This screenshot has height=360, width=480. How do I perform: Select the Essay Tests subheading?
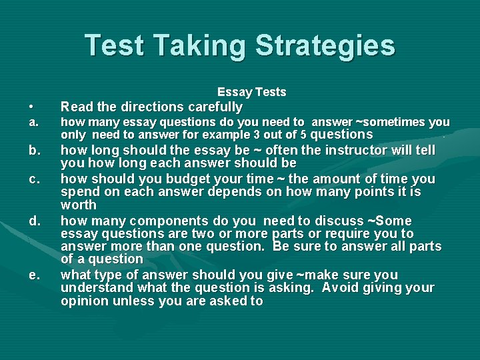252,92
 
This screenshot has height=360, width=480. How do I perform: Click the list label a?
33,123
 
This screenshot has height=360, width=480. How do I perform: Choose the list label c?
33,179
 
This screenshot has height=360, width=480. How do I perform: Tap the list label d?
33,220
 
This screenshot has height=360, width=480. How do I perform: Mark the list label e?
33,275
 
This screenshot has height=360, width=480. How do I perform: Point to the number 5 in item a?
304,135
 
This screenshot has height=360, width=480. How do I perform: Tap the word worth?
79,205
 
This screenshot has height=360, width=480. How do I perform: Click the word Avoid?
345,287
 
